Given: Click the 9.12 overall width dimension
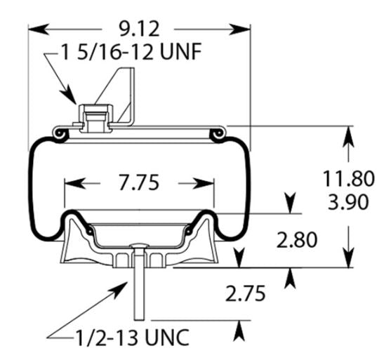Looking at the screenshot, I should [x=138, y=29].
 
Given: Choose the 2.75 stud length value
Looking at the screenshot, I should [x=245, y=293].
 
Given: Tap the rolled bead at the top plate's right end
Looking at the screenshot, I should [x=220, y=131].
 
